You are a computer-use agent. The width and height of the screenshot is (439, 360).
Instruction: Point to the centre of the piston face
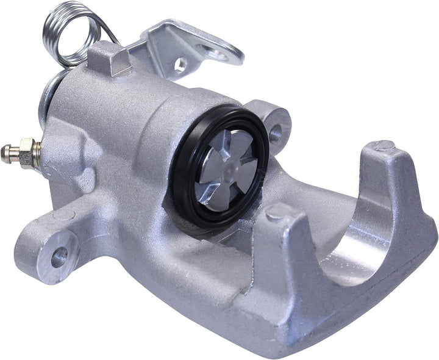coord(227,164)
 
